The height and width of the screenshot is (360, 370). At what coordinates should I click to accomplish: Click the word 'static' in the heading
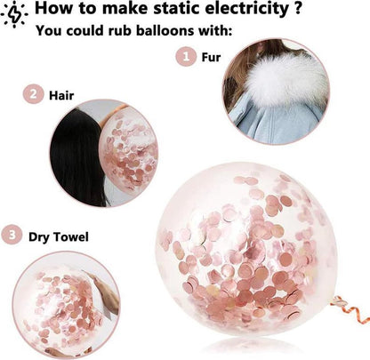177,9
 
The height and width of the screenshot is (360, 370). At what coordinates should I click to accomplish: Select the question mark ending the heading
298,9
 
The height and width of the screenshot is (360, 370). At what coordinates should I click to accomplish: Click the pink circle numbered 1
186,56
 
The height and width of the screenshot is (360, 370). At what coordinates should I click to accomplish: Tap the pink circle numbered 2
34,94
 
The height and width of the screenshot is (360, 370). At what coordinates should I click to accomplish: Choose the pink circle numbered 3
12,236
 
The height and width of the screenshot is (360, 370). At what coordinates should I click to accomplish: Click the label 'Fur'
211,57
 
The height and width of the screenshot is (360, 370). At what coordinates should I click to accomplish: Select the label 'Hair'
61,95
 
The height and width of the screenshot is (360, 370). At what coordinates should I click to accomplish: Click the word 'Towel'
71,237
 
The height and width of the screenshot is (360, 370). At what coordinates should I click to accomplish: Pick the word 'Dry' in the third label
38,237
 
